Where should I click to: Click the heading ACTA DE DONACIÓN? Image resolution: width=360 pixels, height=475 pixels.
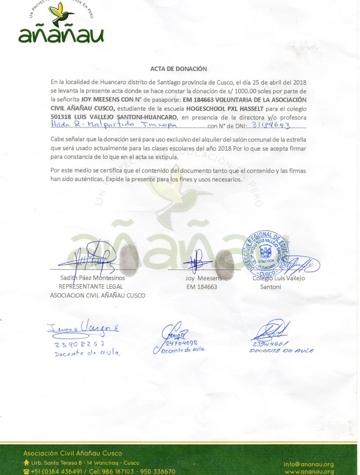pyautogui.click(x=179, y=69)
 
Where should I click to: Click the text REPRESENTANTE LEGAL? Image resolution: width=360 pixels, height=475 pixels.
pyautogui.click(x=91, y=287)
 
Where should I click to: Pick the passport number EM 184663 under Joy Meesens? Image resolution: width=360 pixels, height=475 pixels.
pyautogui.click(x=202, y=287)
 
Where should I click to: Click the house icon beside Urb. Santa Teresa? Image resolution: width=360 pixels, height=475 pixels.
pyautogui.click(x=26, y=463)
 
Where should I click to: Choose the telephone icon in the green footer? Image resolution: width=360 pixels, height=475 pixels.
pyautogui.click(x=26, y=472)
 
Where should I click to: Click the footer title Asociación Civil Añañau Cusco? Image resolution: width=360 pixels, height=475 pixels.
pyautogui.click(x=73, y=453)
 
